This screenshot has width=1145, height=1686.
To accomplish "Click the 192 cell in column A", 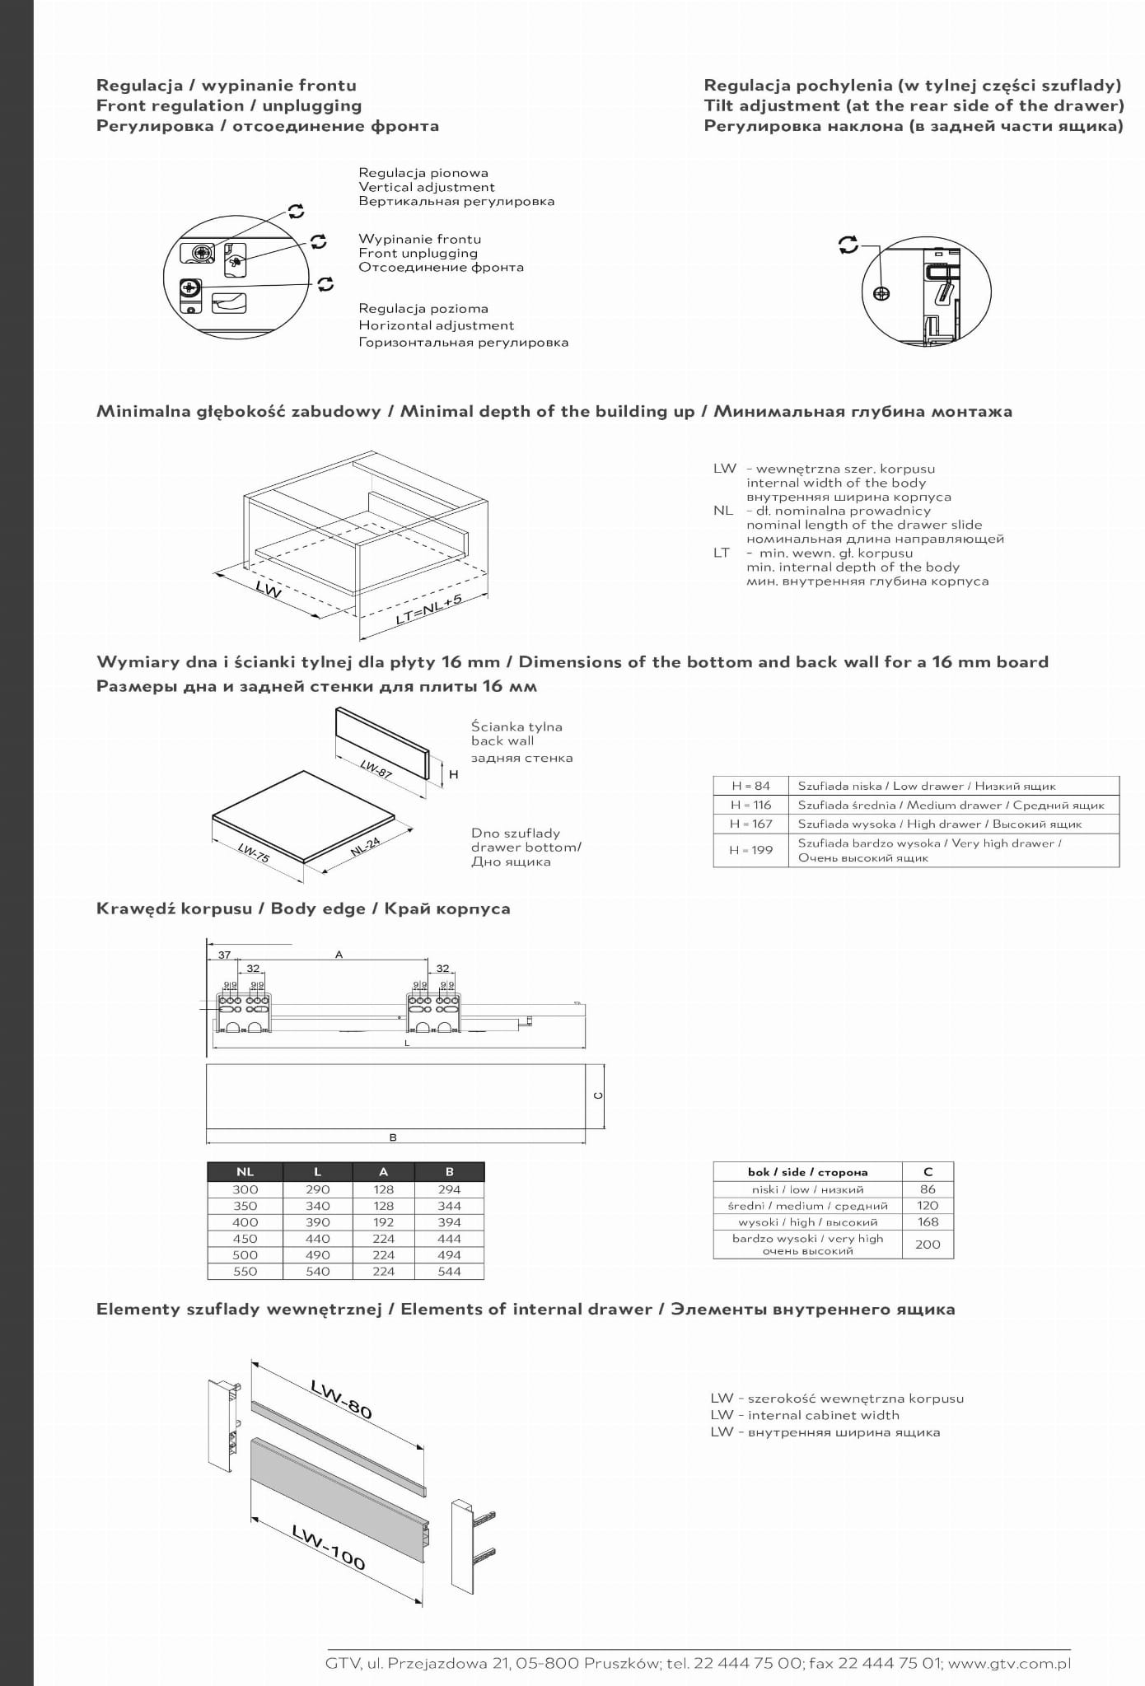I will [x=383, y=1222].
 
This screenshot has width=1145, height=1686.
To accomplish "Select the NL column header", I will [x=245, y=1171].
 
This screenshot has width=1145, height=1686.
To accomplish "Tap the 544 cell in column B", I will [x=449, y=1271].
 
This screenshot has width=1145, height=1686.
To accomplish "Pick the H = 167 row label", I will [x=750, y=824].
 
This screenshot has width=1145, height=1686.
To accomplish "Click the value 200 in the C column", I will [x=928, y=1245].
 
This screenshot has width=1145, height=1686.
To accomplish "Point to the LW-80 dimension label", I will [x=342, y=1399].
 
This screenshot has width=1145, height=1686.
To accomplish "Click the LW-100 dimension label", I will [x=329, y=1546].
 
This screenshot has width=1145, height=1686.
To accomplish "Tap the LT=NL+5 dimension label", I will [x=428, y=609].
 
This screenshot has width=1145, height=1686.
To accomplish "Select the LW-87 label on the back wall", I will [x=376, y=768].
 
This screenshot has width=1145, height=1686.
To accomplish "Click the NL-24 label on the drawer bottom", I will [x=365, y=846].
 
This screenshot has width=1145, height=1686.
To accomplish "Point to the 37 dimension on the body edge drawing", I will [x=224, y=955].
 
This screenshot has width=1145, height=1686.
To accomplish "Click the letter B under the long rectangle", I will [x=393, y=1137].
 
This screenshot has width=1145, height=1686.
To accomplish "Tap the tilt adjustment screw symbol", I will [x=881, y=293].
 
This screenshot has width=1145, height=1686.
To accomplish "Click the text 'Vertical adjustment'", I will [x=426, y=187].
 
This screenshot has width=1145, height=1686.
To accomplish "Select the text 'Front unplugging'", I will [x=418, y=253].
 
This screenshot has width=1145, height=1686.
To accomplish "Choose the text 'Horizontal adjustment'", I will [x=436, y=325].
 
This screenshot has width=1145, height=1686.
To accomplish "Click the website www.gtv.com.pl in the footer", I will [x=1009, y=1663].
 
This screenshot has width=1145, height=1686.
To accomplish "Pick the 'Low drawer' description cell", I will [x=927, y=786].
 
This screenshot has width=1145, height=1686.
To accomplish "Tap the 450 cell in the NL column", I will [x=245, y=1239].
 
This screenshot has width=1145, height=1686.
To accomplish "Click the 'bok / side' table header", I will [x=807, y=1171].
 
